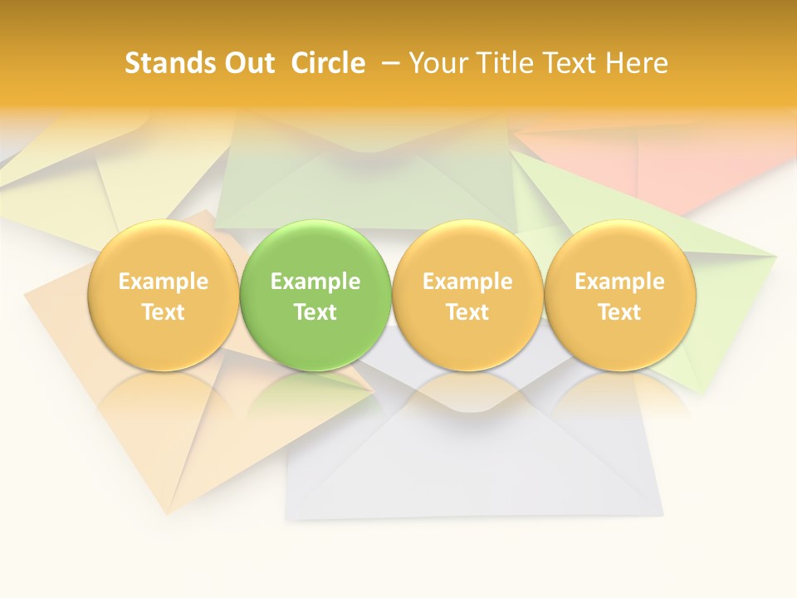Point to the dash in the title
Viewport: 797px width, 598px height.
point(390,63)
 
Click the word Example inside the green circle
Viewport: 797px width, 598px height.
point(315,282)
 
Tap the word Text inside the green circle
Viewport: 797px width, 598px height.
point(315,312)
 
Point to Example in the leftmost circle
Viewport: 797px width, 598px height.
point(163,282)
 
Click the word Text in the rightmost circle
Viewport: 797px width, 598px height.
point(619,312)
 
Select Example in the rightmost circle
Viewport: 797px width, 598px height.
point(619,282)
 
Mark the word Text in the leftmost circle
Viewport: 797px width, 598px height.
point(163,312)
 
